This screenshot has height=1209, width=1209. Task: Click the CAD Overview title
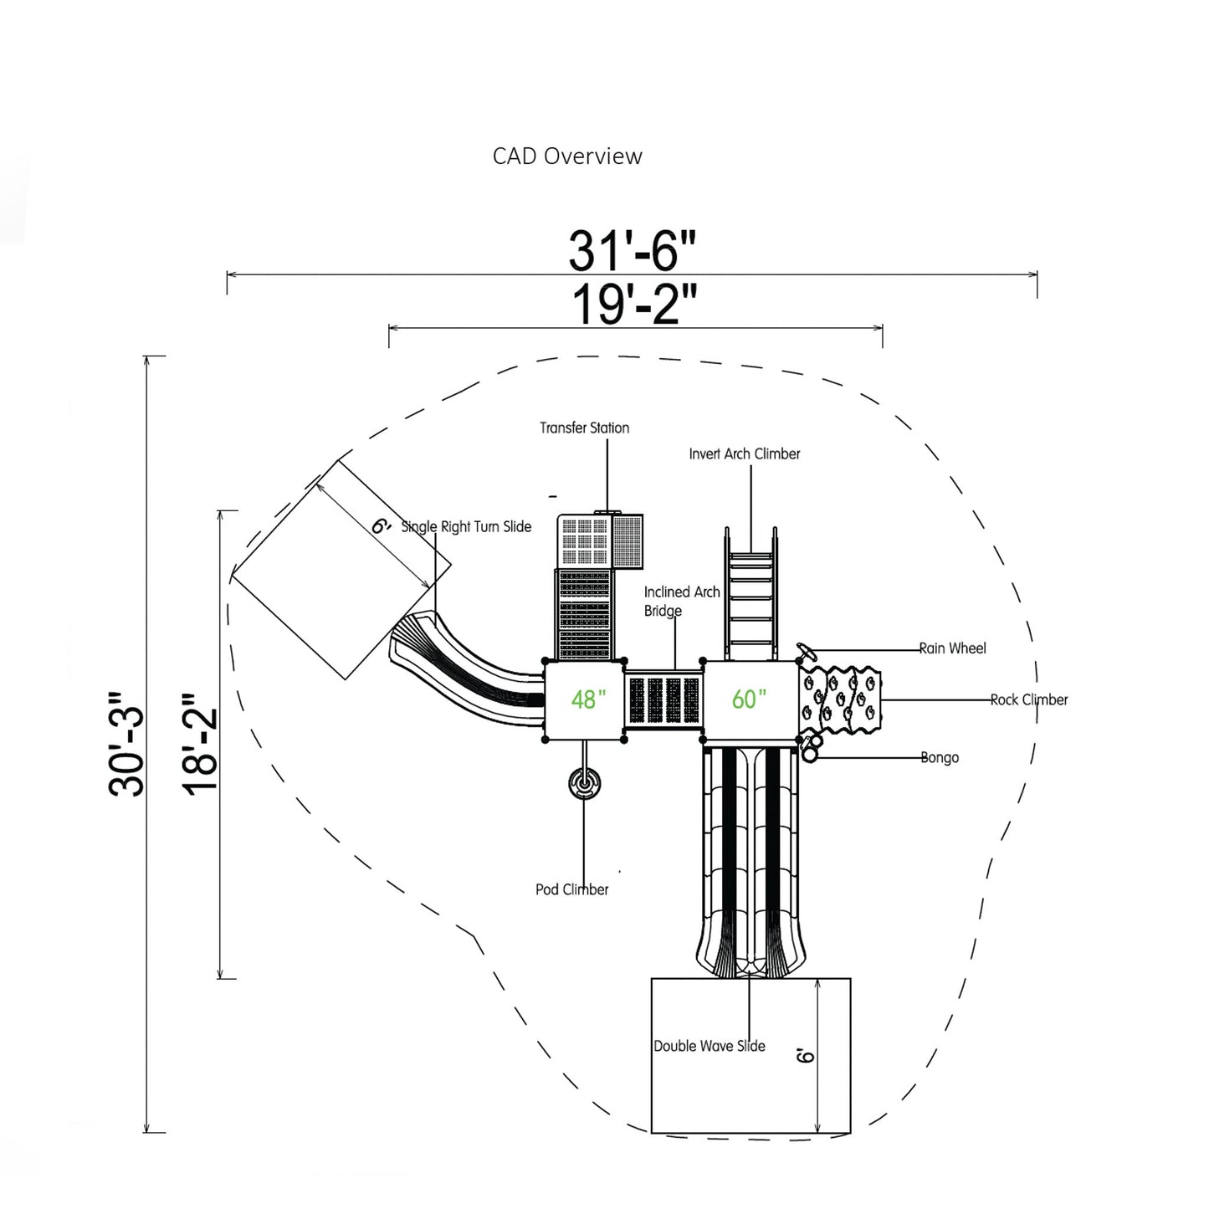point(567,156)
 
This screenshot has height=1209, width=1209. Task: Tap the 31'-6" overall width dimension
point(632,250)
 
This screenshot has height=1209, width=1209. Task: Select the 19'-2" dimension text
point(634,305)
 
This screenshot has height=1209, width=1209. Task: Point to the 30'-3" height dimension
point(127,744)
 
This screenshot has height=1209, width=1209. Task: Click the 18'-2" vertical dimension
point(201,744)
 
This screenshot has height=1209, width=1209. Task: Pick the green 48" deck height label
point(587,699)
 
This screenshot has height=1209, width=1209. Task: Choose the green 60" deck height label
point(749,699)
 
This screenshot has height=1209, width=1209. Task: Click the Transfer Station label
point(584,428)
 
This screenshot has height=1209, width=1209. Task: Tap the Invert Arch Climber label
point(744,454)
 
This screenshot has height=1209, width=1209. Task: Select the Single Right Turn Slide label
point(466,527)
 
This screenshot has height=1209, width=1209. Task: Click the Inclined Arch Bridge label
point(681,602)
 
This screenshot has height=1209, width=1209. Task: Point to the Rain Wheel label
point(952,648)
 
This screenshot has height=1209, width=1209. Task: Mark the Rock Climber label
point(1028,700)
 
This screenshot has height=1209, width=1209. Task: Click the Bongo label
point(940,758)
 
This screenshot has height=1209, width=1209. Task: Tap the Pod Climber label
point(571,889)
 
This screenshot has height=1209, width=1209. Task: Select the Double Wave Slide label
point(709,1046)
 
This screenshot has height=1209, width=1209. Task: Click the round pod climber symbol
point(584,785)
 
